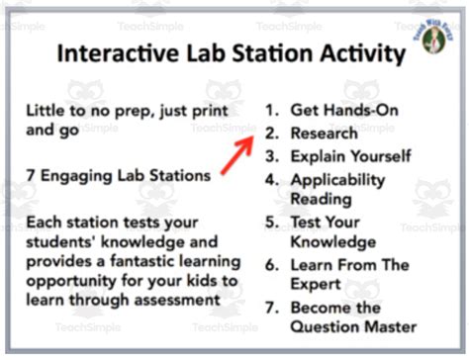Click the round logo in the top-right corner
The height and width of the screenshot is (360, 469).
point(433,38)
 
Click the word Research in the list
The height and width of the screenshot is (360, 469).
point(324,134)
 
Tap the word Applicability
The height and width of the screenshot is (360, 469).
point(337,181)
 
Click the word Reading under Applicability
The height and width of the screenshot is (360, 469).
point(321,200)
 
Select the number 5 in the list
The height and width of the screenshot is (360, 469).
point(271,222)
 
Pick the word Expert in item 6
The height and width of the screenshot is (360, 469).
point(316,285)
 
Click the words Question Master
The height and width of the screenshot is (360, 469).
point(353,327)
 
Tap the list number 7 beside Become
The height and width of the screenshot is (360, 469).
point(272,308)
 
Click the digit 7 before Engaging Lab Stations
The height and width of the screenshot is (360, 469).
point(31,175)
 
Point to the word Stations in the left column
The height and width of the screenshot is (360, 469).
point(180,175)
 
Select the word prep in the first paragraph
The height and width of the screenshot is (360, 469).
point(135,112)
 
